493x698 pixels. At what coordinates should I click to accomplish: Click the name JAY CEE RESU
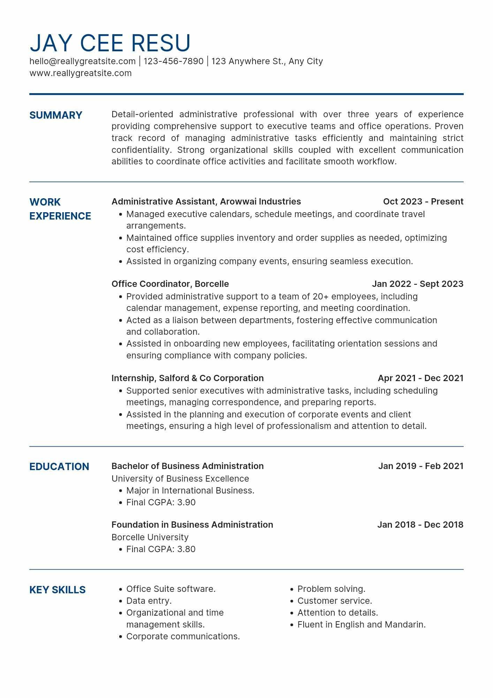click(110, 43)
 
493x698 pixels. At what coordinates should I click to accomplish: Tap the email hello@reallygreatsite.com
click(82, 61)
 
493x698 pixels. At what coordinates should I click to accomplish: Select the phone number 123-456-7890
click(173, 61)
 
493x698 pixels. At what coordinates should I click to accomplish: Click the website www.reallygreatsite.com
click(81, 73)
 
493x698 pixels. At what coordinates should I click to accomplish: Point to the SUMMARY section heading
click(56, 115)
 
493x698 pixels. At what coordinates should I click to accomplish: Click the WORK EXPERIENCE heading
click(60, 209)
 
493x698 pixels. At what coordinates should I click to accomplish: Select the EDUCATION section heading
click(59, 467)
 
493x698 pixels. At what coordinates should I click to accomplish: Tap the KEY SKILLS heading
click(58, 590)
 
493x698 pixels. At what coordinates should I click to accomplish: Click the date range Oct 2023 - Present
click(423, 202)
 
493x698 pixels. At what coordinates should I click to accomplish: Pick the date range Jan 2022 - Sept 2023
click(417, 284)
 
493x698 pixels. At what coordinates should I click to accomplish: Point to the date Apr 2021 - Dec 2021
click(420, 378)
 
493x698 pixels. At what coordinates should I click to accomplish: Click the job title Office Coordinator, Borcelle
click(170, 284)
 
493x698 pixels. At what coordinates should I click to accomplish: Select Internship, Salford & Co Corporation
click(188, 378)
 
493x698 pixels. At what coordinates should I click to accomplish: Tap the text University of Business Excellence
click(180, 479)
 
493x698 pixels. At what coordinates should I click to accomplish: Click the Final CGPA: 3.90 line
click(161, 503)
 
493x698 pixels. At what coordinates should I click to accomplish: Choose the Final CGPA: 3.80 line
click(161, 549)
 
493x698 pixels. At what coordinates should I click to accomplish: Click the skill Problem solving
click(331, 589)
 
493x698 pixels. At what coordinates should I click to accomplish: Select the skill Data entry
click(149, 601)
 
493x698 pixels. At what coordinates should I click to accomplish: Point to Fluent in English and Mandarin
click(362, 625)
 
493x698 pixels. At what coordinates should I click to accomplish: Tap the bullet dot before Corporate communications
click(121, 637)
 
